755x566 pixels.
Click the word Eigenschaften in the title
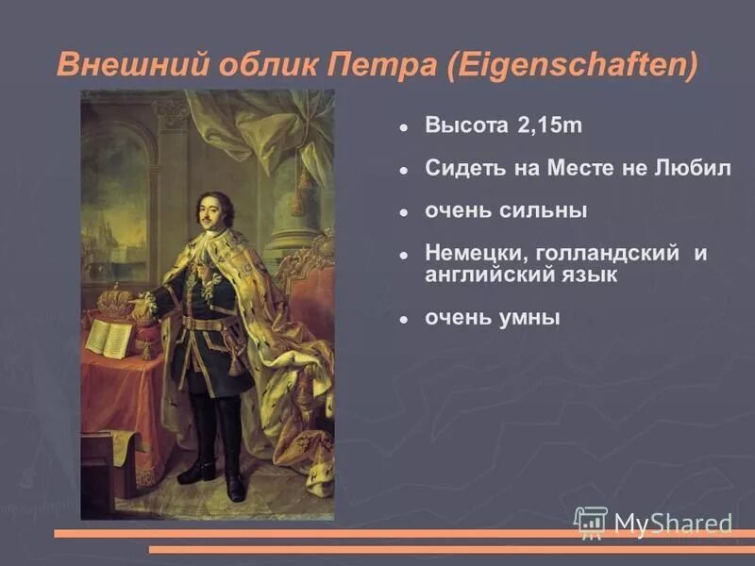[577, 65]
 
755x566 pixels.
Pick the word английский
[482, 275]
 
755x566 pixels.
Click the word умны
[528, 319]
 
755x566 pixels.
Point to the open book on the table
[108, 336]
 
